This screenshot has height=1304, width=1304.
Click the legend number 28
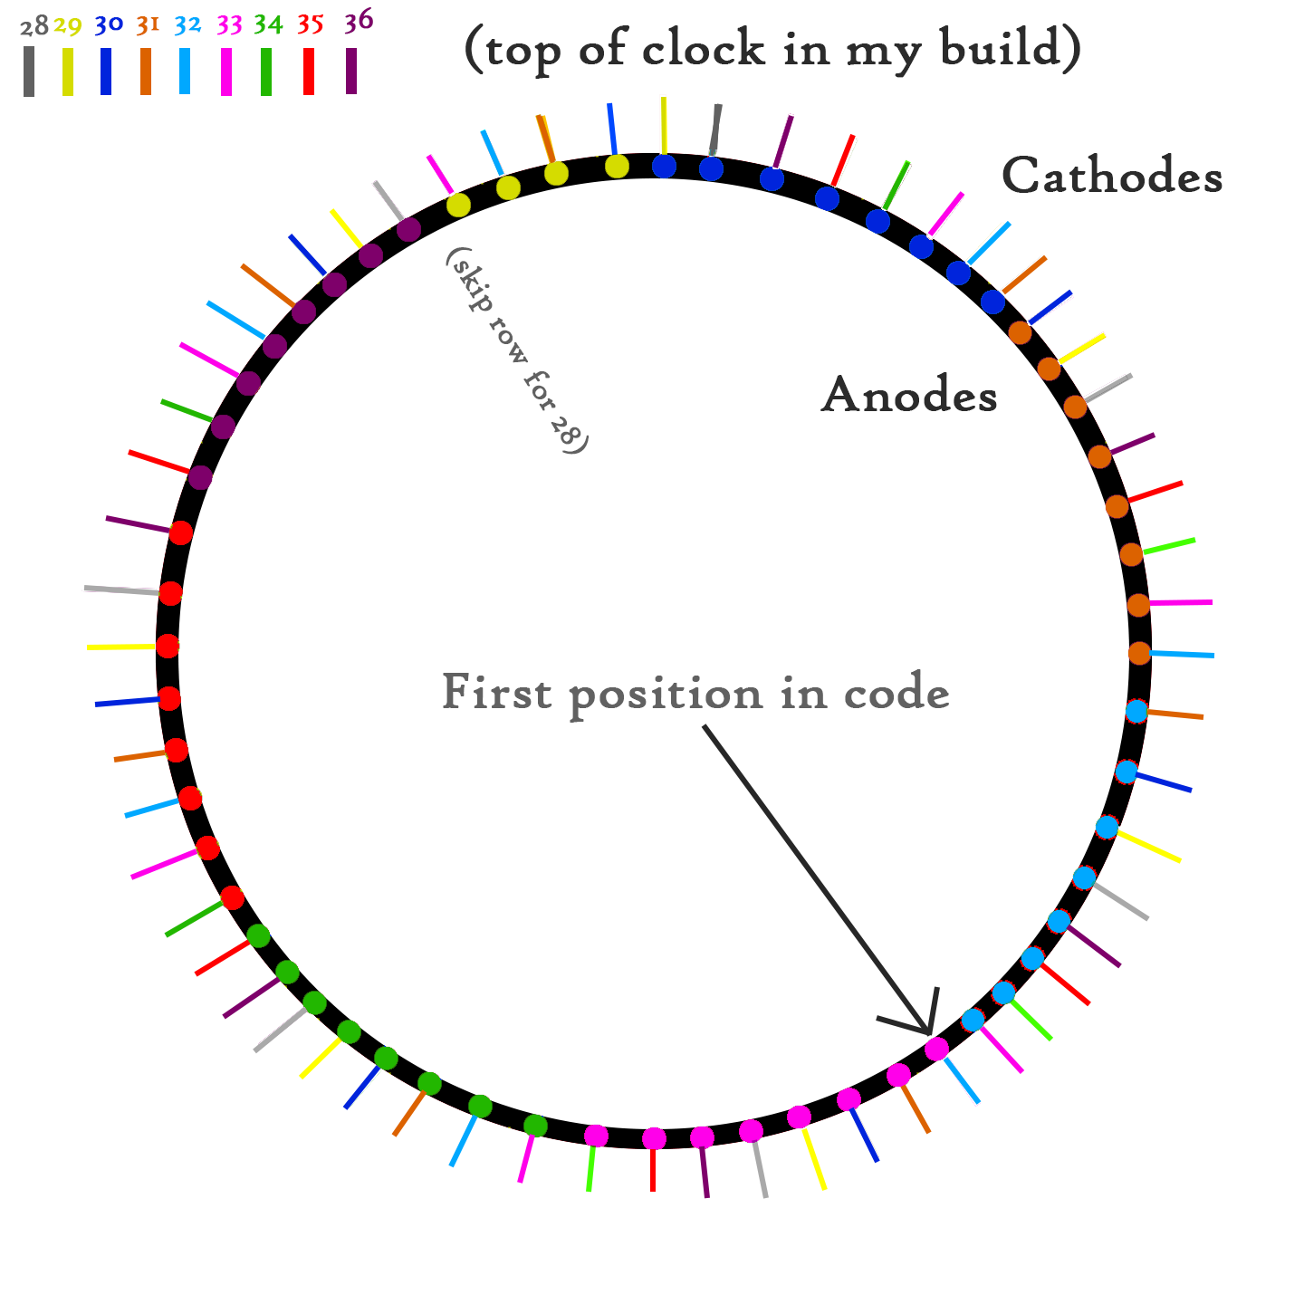click(x=34, y=27)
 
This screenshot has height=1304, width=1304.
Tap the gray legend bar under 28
click(x=29, y=72)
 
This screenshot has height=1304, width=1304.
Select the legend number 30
click(x=108, y=25)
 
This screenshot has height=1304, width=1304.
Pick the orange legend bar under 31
click(x=146, y=72)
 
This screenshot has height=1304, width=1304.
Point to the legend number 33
click(x=229, y=25)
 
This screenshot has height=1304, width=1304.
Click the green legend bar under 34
click(x=266, y=72)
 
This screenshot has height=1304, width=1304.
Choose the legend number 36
click(x=358, y=22)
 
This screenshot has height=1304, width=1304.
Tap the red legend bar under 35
click(x=309, y=72)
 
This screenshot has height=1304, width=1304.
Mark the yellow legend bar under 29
click(x=68, y=72)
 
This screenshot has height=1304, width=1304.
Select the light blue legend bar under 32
click(x=185, y=72)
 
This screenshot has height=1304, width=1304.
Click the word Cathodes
click(x=1112, y=176)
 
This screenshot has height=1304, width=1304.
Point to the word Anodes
click(x=909, y=396)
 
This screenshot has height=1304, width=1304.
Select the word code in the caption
click(x=896, y=695)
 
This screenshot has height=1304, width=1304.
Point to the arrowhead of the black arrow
click(x=927, y=1029)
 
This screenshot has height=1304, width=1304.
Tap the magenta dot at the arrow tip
click(x=936, y=1049)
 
